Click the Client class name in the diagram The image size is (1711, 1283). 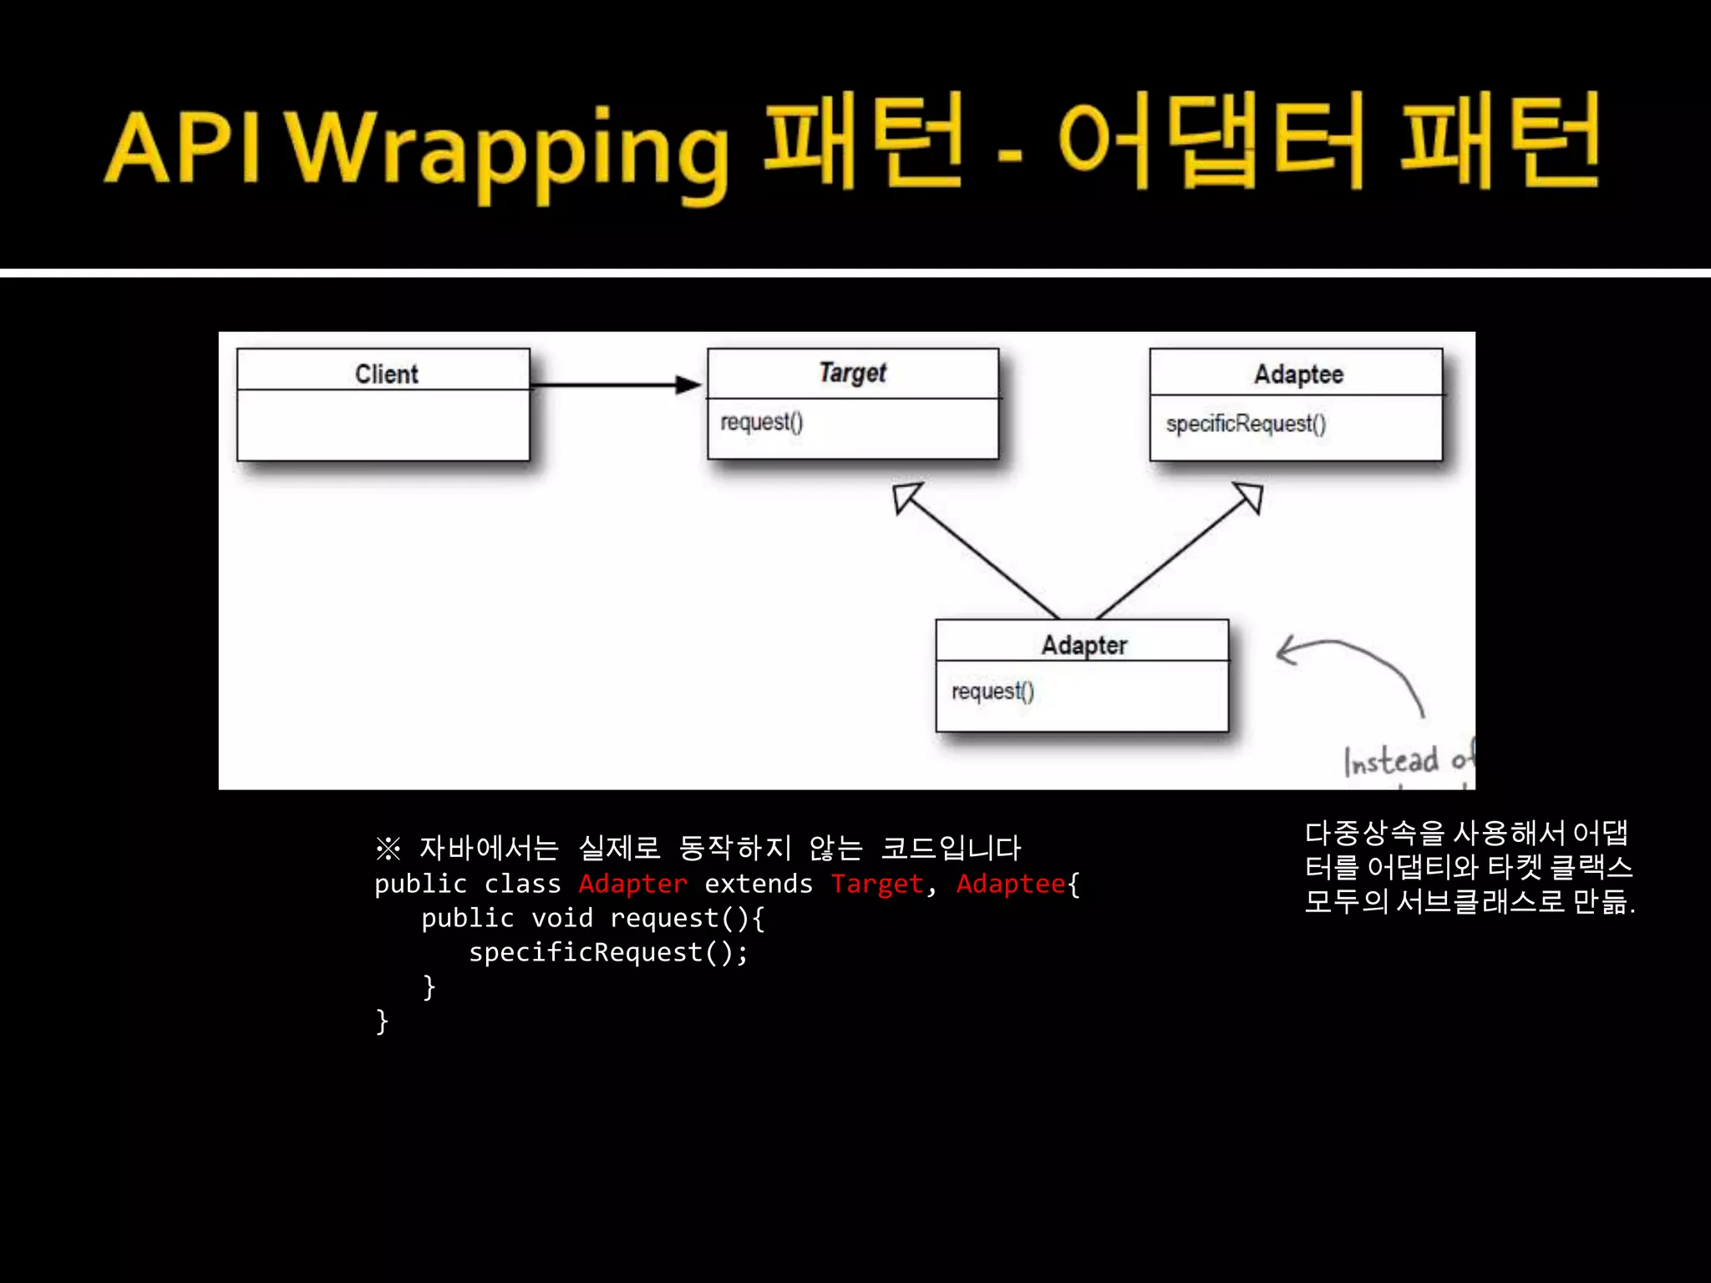pyautogui.click(x=386, y=373)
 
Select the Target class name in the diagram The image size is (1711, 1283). pyautogui.click(x=852, y=373)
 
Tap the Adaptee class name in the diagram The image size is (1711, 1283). pyautogui.click(x=1298, y=374)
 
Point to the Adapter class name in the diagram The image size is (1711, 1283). pyautogui.click(x=1084, y=645)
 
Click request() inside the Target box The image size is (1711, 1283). pyautogui.click(x=761, y=422)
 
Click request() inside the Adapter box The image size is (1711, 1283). pyautogui.click(x=993, y=692)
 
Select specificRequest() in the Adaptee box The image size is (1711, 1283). pyautogui.click(x=1245, y=424)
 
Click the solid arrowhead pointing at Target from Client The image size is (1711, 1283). pyautogui.click(x=688, y=384)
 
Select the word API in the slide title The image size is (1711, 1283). pyautogui.click(x=183, y=149)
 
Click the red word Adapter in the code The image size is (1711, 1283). pyautogui.click(x=632, y=884)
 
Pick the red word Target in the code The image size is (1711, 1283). pyautogui.click(x=876, y=884)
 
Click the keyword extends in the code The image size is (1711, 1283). pyautogui.click(x=758, y=884)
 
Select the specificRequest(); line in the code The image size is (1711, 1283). pyautogui.click(x=608, y=952)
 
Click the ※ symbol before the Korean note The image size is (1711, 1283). pyautogui.click(x=388, y=849)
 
